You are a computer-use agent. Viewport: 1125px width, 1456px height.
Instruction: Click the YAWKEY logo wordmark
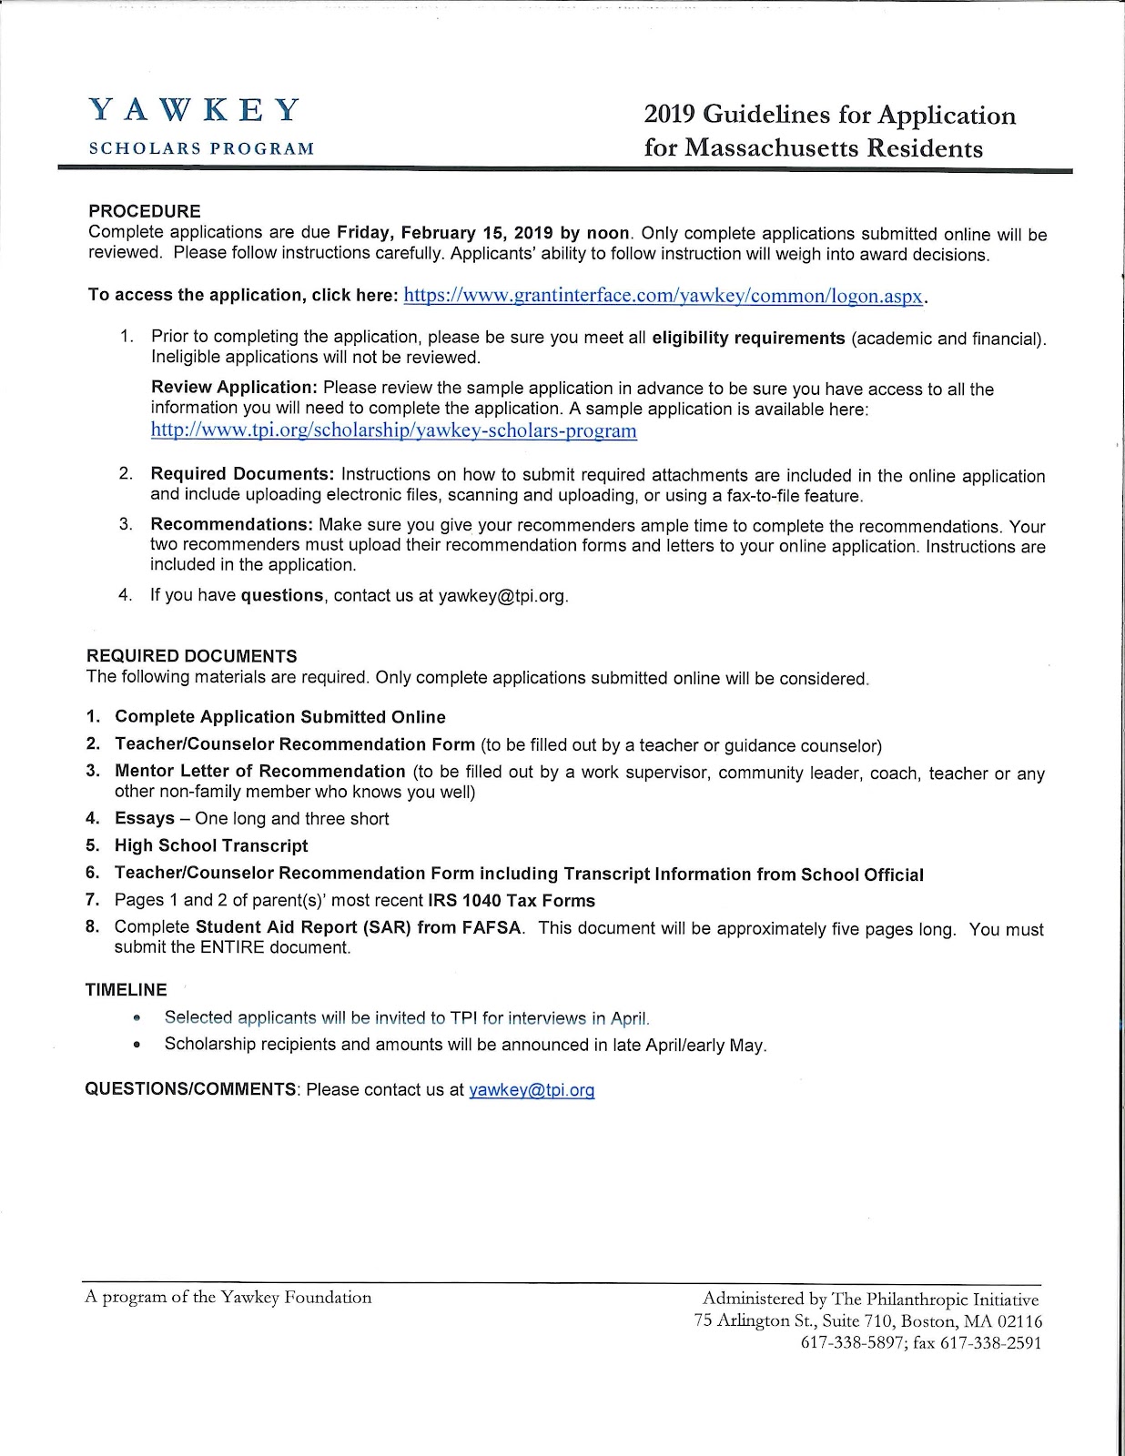pyautogui.click(x=194, y=110)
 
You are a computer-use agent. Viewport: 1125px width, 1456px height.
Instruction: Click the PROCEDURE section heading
pyautogui.click(x=144, y=212)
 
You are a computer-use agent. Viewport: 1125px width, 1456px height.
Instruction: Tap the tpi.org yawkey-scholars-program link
pyautogui.click(x=393, y=430)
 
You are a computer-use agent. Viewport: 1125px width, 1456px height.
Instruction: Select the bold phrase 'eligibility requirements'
pyautogui.click(x=749, y=339)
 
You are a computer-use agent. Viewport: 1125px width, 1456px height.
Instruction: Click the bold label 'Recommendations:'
pyautogui.click(x=231, y=525)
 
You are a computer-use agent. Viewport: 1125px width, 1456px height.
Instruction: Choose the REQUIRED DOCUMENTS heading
pyautogui.click(x=191, y=656)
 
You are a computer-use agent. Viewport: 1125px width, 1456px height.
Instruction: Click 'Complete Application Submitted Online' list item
pyautogui.click(x=280, y=717)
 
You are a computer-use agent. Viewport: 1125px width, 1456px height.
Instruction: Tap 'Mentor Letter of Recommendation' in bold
pyautogui.click(x=259, y=772)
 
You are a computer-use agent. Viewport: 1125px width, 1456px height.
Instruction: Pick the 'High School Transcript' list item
pyautogui.click(x=211, y=845)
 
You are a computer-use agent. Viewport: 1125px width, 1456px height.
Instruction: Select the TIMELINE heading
pyautogui.click(x=127, y=990)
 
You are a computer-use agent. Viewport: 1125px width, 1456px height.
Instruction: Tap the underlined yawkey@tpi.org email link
pyautogui.click(x=532, y=1090)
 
